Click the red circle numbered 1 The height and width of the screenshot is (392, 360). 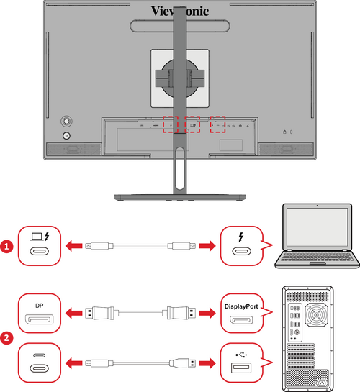pyautogui.click(x=6, y=247)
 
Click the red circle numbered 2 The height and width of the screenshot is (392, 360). pyautogui.click(x=6, y=338)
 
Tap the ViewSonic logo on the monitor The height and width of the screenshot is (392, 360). pyautogui.click(x=179, y=12)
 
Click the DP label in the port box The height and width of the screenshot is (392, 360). pyautogui.click(x=40, y=306)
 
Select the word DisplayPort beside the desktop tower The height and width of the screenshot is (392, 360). pyautogui.click(x=241, y=306)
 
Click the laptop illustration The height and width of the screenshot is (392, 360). pyautogui.click(x=318, y=236)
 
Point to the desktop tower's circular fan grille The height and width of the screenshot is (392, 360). pyautogui.click(x=317, y=315)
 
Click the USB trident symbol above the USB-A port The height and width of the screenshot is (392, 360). pyautogui.click(x=241, y=355)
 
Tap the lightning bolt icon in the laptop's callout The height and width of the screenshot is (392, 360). pyautogui.click(x=241, y=237)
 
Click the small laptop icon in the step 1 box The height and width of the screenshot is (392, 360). pyautogui.click(x=37, y=237)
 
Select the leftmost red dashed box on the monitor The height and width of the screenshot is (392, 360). pyautogui.click(x=171, y=124)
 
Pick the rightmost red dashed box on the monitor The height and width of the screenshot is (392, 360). pyautogui.click(x=217, y=124)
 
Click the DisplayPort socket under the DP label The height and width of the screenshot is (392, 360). pyautogui.click(x=40, y=319)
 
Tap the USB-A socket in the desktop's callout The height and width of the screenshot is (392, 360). pyautogui.click(x=241, y=368)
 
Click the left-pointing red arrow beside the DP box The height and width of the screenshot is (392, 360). pyautogui.click(x=74, y=313)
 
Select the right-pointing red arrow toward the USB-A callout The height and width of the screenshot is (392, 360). pyautogui.click(x=207, y=363)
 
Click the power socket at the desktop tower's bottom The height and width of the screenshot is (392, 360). pyautogui.click(x=322, y=383)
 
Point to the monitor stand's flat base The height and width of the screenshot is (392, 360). pyautogui.click(x=180, y=197)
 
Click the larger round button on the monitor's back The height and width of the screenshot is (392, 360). pyautogui.click(x=66, y=122)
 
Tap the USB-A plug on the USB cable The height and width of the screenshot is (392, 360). pyautogui.click(x=183, y=363)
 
